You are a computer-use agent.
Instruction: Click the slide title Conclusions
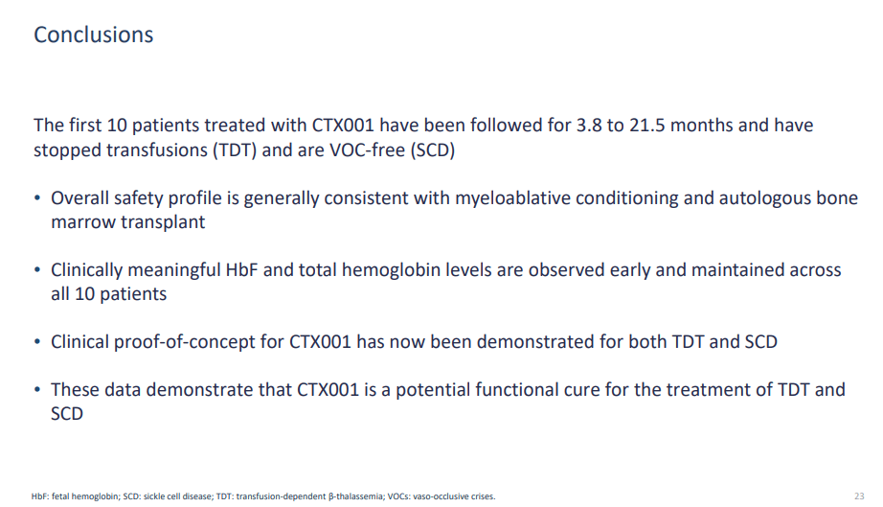click(x=94, y=35)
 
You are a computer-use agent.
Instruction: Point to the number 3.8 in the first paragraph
click(x=589, y=125)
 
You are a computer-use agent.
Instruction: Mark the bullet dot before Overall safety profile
click(x=37, y=198)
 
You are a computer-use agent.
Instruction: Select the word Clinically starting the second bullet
click(x=87, y=270)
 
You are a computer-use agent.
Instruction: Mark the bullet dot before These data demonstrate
click(x=37, y=390)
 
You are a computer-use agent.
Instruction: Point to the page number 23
click(x=859, y=496)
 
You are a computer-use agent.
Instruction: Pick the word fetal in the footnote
click(x=60, y=496)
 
